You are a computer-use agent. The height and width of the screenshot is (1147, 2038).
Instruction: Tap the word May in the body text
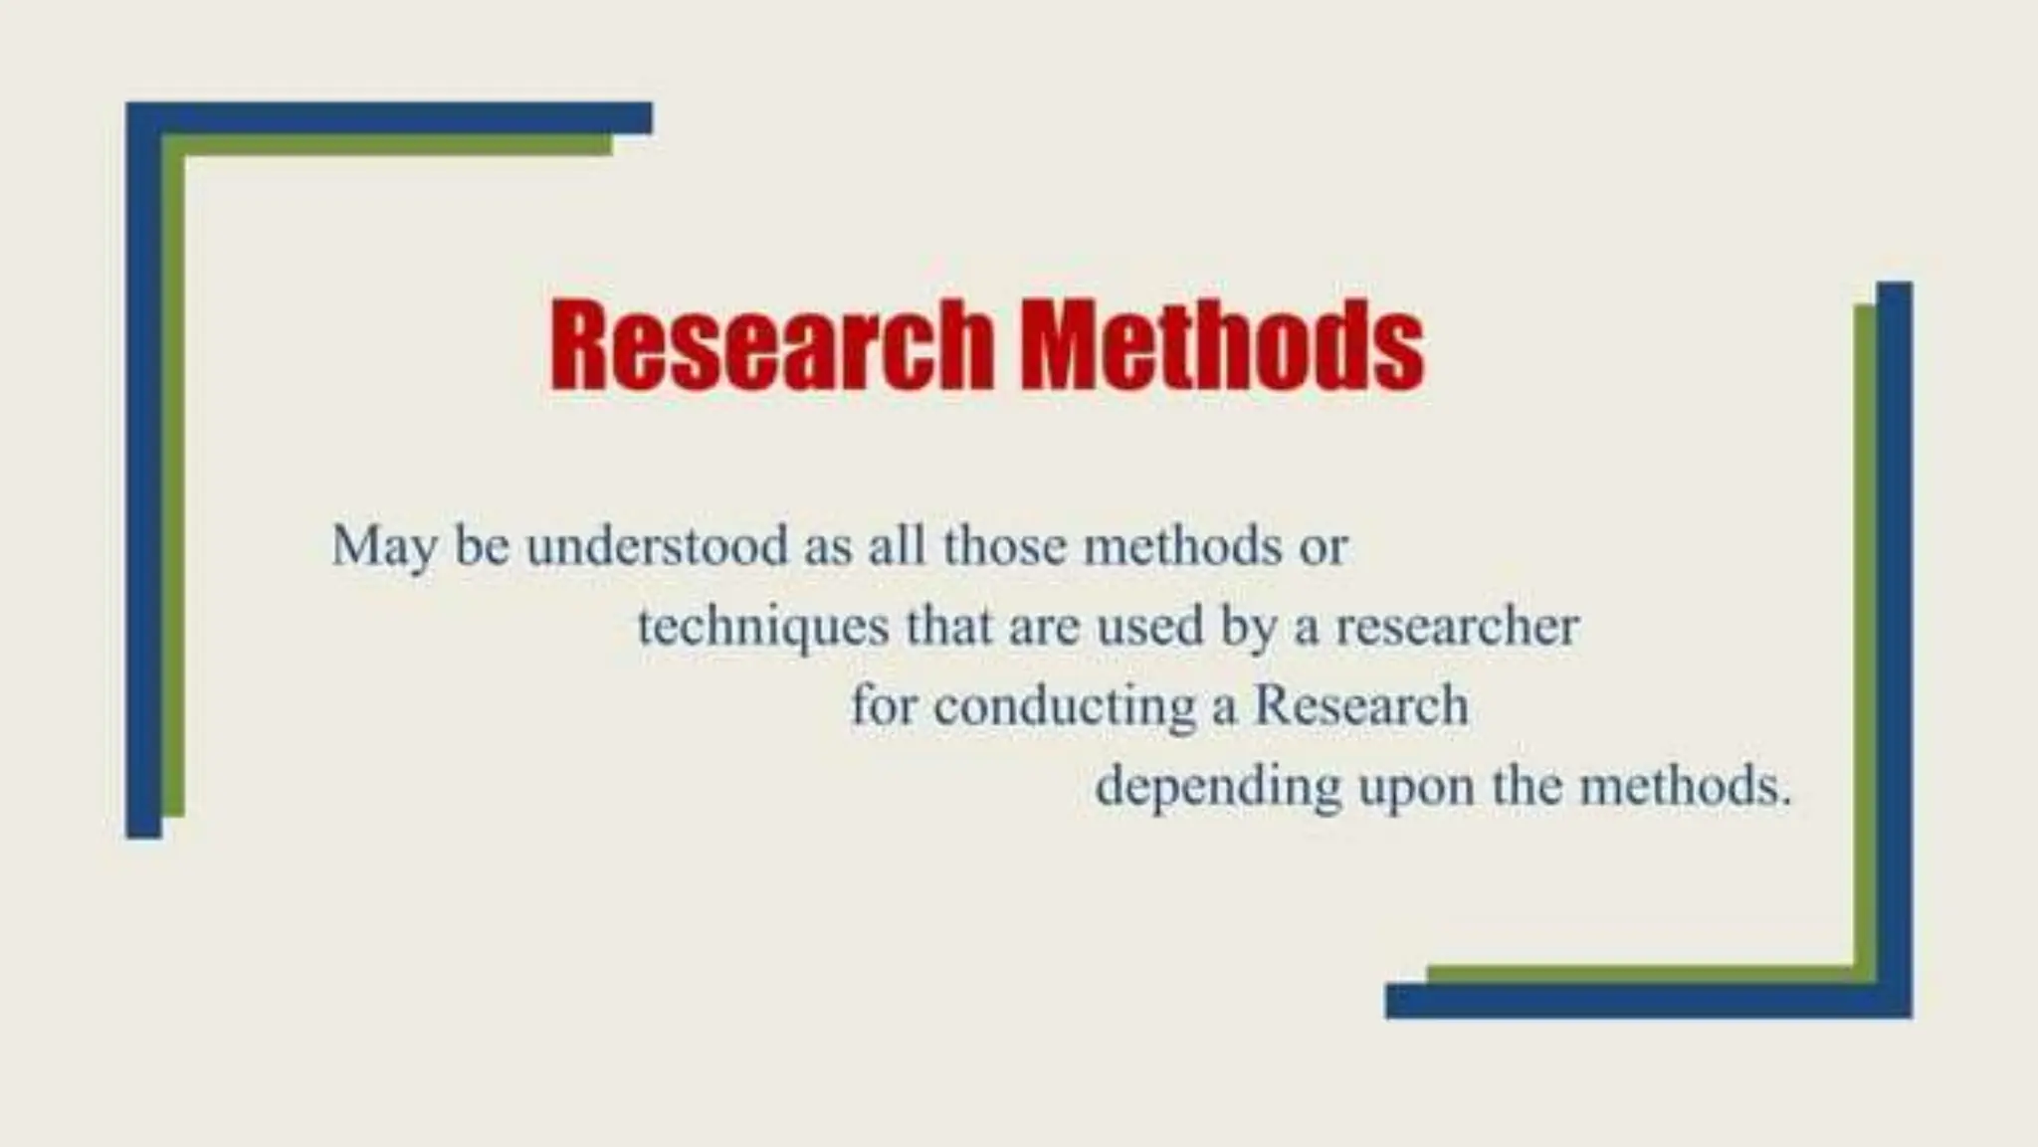click(x=383, y=547)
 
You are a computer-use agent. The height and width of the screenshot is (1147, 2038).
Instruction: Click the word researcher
click(x=1457, y=627)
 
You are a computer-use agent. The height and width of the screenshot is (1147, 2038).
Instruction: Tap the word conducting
click(x=1064, y=707)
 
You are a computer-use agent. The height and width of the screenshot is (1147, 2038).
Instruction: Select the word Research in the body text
click(x=1360, y=705)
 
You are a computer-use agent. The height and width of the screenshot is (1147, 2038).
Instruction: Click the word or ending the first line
click(x=1323, y=548)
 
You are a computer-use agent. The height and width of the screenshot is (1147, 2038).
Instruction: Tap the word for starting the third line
click(x=883, y=705)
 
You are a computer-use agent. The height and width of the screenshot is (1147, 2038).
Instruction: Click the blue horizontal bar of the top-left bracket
click(x=398, y=117)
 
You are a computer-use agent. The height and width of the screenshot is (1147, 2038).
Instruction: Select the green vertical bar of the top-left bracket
click(x=173, y=478)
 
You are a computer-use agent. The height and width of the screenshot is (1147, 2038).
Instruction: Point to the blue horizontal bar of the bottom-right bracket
click(x=1642, y=1001)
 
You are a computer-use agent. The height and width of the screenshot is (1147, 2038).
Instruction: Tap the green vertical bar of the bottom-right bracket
click(x=1865, y=637)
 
